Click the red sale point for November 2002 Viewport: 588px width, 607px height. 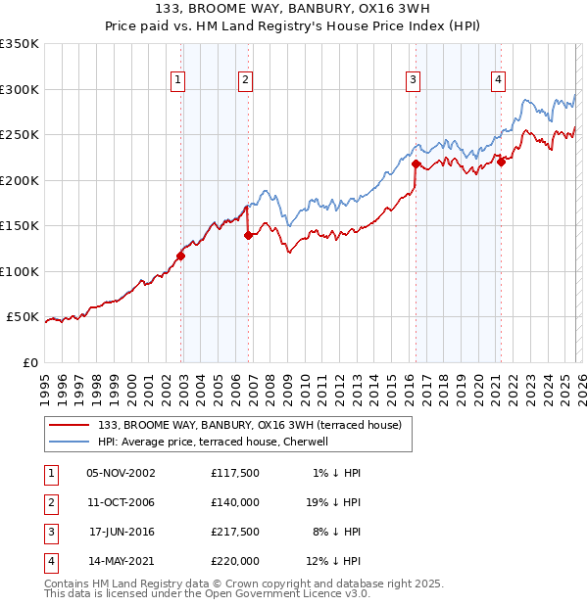point(180,257)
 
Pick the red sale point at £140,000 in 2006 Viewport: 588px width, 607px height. point(248,235)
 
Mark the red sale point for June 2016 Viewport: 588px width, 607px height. point(416,164)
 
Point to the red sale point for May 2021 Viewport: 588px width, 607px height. point(501,163)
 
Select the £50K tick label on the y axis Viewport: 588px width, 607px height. point(23,317)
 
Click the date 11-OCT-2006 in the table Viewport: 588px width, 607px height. point(122,501)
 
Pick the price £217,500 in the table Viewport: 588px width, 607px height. point(235,532)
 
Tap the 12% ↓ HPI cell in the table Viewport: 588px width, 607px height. point(333,561)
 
